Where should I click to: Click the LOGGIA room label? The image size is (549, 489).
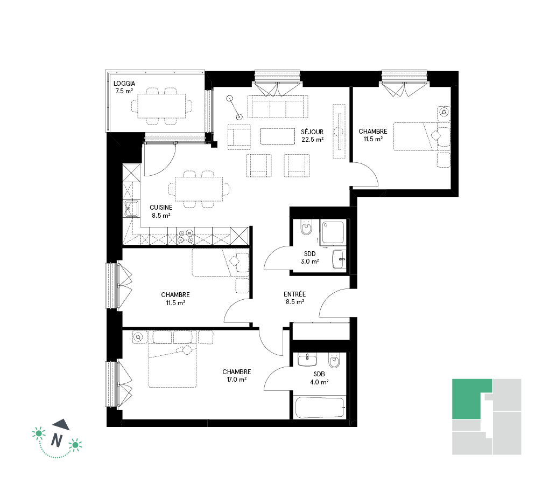[124, 84]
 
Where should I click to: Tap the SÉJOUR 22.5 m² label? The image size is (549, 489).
[312, 136]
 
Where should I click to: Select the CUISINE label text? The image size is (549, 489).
[161, 208]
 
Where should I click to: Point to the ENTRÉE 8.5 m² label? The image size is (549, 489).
[295, 298]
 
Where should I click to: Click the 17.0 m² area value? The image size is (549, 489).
[237, 380]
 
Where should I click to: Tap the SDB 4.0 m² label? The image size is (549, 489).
[319, 378]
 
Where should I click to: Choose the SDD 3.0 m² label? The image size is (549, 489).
[310, 258]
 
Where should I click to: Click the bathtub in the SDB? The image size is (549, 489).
[320, 407]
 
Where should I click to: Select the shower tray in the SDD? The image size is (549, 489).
[333, 232]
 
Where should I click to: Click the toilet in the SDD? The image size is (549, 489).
[306, 228]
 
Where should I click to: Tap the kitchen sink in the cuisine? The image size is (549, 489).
[131, 209]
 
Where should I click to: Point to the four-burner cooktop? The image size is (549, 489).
[185, 237]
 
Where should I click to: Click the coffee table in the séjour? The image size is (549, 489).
[278, 136]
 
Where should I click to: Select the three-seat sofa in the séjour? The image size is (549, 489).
[278, 107]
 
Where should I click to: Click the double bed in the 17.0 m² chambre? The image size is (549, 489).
[172, 366]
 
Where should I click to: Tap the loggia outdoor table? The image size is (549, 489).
[161, 106]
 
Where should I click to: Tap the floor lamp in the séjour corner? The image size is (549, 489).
[234, 108]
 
